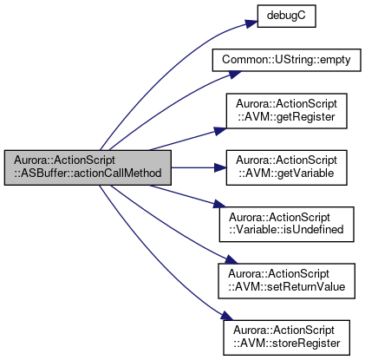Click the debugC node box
point(286,16)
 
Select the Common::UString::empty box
point(286,60)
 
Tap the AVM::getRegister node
point(286,111)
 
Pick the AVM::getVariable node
point(286,167)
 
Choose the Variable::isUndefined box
point(286,225)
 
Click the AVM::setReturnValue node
point(286,281)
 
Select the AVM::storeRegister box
point(286,337)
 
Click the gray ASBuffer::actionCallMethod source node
point(88,167)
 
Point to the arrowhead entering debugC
point(251,24)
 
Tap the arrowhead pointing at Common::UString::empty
point(235,75)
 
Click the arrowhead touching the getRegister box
point(220,131)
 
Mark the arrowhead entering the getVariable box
point(220,167)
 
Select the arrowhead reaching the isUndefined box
point(220,204)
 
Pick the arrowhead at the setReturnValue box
point(231,259)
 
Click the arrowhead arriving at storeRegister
point(227,316)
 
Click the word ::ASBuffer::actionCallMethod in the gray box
point(88,173)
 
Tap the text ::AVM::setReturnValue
point(286,287)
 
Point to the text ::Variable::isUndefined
point(286,230)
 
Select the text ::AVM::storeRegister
point(286,344)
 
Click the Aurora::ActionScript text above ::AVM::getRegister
point(286,104)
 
